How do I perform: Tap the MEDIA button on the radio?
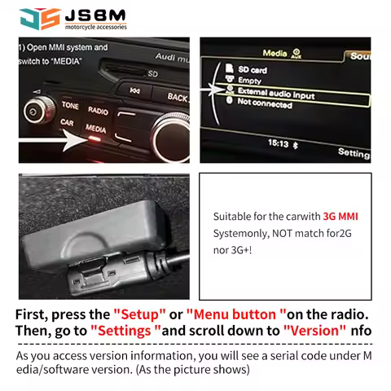96,129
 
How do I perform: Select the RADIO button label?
99,110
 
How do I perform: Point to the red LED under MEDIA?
94,139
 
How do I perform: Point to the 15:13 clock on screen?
279,143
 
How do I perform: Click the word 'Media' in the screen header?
275,54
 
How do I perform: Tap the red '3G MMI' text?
340,217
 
